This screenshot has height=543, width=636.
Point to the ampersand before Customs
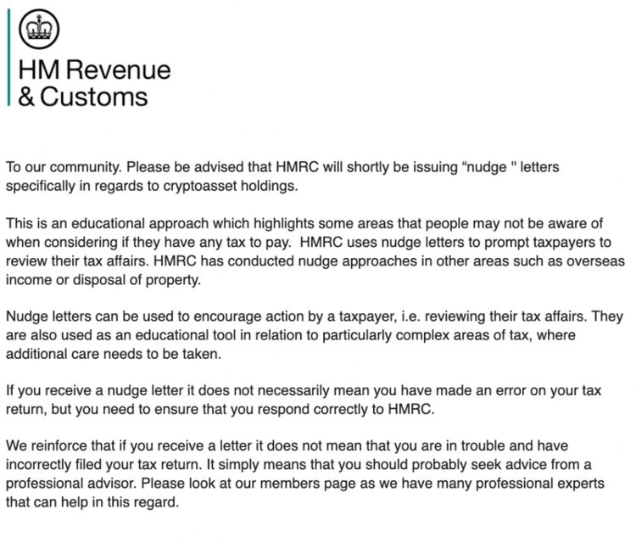(x=27, y=96)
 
